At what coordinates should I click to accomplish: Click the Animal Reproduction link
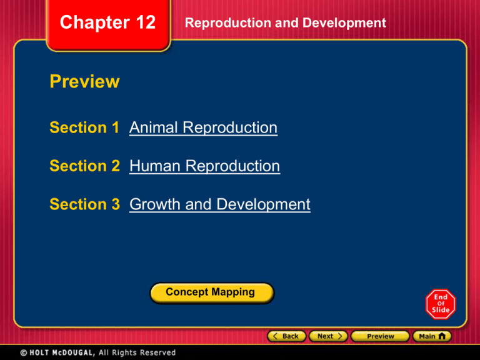pos(203,128)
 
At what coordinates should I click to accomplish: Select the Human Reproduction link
pos(204,166)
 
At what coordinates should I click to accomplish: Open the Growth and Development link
pos(219,204)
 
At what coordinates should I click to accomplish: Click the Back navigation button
pos(286,336)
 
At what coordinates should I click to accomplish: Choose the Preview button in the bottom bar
pos(380,336)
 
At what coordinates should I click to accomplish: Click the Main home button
pos(432,336)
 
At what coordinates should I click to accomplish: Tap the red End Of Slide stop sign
pos(441,304)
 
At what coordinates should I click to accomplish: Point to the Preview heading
pos(84,82)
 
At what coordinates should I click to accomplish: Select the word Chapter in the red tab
pos(91,23)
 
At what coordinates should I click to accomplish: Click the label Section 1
pos(86,128)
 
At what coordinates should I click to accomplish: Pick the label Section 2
pos(86,166)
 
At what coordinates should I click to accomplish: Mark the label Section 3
pos(86,204)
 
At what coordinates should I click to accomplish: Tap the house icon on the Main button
pos(442,336)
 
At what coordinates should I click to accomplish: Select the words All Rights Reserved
pos(142,352)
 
